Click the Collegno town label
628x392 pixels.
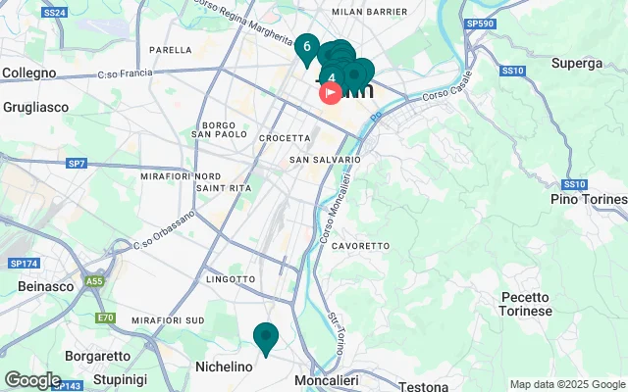click(30, 73)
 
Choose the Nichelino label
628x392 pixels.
click(226, 366)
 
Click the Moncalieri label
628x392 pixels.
click(328, 379)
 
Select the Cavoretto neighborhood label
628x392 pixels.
click(360, 245)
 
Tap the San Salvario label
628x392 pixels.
click(325, 159)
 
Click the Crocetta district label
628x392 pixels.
click(285, 138)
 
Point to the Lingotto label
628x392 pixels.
click(231, 279)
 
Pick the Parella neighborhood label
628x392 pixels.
click(170, 49)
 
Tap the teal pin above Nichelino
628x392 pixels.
click(265, 337)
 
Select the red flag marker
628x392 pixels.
click(331, 93)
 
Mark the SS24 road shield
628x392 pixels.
click(55, 13)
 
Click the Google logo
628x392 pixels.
click(32, 379)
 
